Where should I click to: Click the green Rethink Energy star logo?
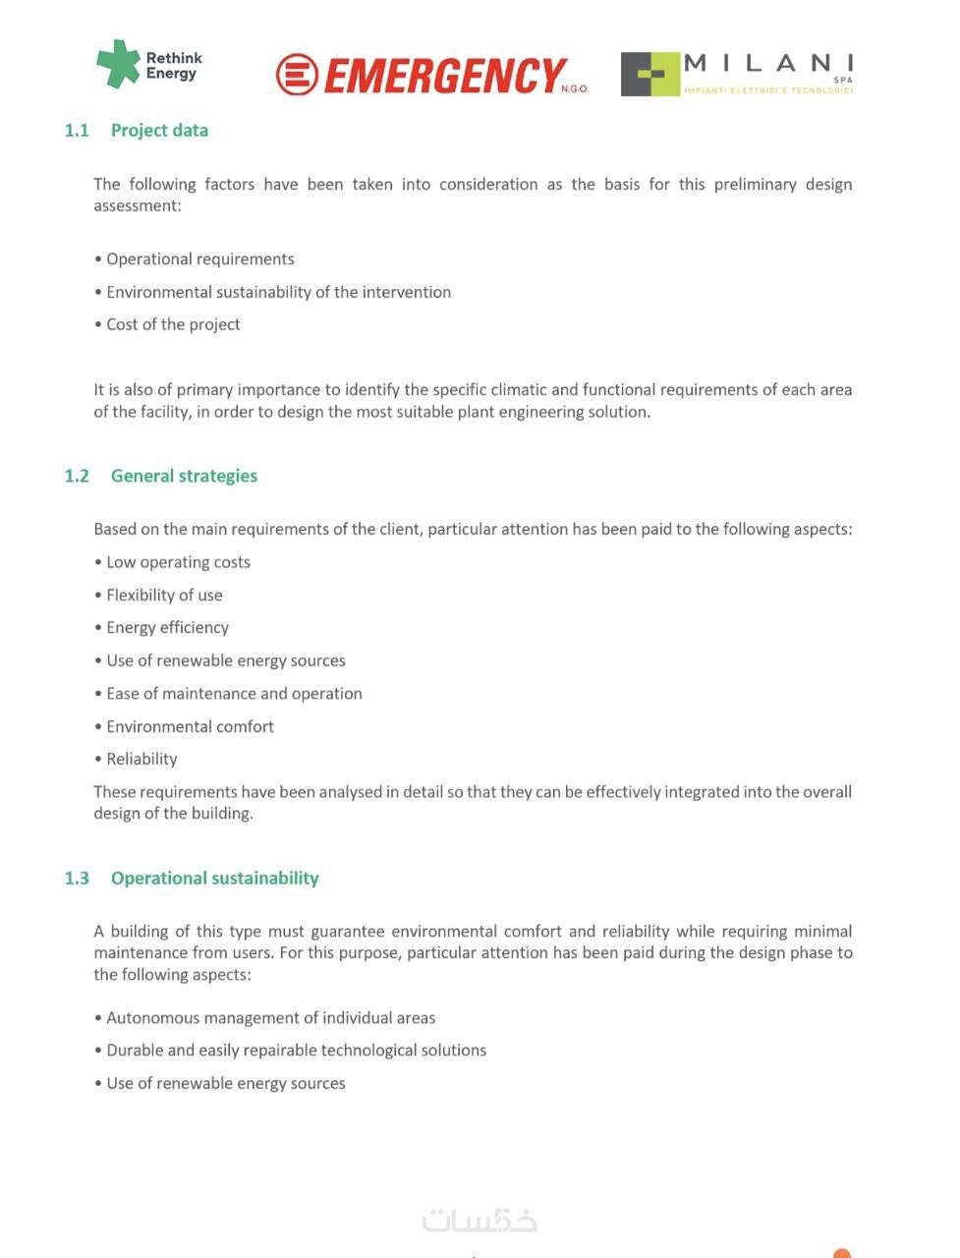coord(118,64)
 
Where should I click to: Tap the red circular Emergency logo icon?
coord(297,75)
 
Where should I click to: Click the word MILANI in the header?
coord(768,64)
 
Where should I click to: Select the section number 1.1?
coord(77,131)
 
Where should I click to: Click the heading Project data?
coord(159,131)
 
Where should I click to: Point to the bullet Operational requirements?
coord(199,259)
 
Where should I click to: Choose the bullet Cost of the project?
coord(173,325)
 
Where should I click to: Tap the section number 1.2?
coord(77,477)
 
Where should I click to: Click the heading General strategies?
coord(184,477)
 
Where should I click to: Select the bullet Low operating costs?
coord(178,562)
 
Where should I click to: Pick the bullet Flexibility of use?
coord(164,596)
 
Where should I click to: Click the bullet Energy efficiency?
coord(167,628)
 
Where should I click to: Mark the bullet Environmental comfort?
coord(190,727)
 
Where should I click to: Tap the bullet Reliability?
coord(141,760)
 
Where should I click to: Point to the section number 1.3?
coord(77,879)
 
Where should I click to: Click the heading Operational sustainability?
coord(214,879)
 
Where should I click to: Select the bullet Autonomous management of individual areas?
coord(270,1018)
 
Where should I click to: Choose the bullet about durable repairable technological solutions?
coord(296,1051)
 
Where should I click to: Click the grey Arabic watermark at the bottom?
coord(480,1221)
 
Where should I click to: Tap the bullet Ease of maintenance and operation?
coord(234,694)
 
